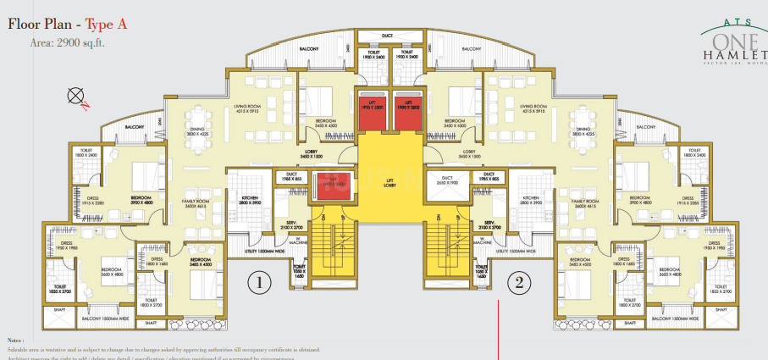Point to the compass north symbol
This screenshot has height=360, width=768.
pyautogui.click(x=75, y=97)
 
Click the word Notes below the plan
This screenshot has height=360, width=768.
pyautogui.click(x=16, y=339)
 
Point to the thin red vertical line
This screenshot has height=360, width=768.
pyautogui.click(x=500, y=330)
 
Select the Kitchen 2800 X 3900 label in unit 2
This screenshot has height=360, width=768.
pyautogui.click(x=530, y=200)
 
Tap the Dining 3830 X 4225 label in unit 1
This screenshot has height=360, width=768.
pyautogui.click(x=197, y=131)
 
